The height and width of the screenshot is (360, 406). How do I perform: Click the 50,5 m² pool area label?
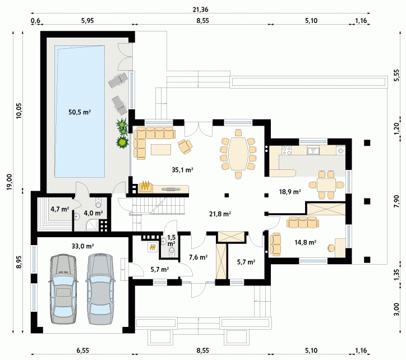(80, 112)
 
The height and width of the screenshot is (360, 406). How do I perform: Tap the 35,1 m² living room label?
(183, 170)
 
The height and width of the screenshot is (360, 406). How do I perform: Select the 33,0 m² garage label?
(82, 246)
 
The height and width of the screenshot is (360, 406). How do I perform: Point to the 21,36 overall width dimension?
(200, 10)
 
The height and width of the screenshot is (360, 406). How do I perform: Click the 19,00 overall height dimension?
(10, 182)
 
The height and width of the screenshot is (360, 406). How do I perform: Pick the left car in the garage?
(63, 289)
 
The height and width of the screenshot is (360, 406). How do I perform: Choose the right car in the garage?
(100, 289)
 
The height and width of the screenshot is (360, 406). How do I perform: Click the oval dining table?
(238, 154)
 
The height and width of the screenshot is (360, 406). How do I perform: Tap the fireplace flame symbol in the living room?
(145, 186)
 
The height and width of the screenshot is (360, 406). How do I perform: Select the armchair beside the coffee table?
(185, 146)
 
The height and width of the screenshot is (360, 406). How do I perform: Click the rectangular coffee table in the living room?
(161, 149)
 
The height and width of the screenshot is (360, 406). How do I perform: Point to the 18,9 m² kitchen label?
(290, 192)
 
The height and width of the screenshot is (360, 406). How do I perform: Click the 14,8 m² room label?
(305, 242)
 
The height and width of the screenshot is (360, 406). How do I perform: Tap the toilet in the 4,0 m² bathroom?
(98, 204)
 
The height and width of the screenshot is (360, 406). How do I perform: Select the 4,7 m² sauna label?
(60, 209)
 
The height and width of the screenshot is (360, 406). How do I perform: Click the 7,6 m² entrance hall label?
(198, 257)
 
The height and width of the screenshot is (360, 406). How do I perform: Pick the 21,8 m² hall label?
(220, 214)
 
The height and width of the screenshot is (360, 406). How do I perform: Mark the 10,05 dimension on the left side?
(19, 111)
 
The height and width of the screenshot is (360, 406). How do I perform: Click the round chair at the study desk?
(331, 248)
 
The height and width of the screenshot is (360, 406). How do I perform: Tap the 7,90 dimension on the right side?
(396, 201)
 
